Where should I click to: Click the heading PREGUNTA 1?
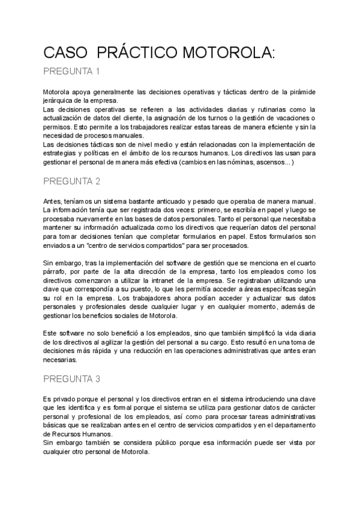[71, 72]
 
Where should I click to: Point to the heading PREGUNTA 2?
[71, 181]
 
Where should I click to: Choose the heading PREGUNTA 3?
[71, 379]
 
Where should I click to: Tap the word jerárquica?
[60, 100]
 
